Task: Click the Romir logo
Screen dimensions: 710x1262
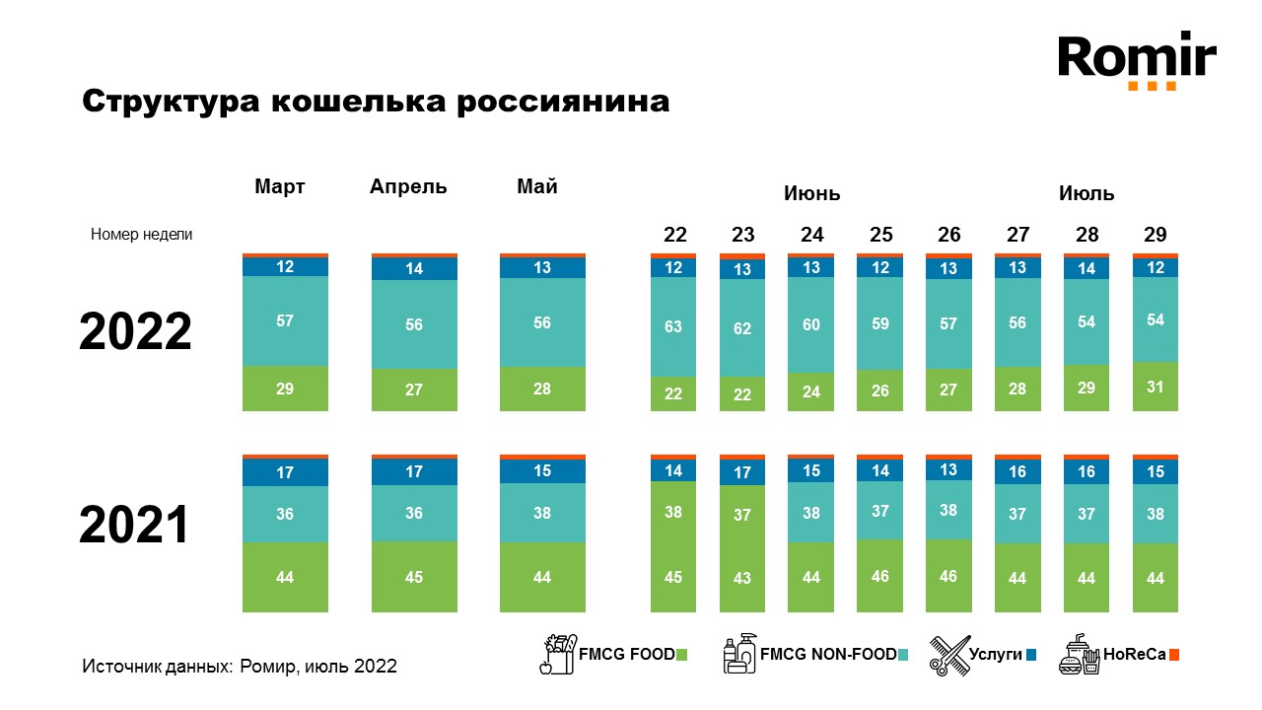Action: (x=1137, y=61)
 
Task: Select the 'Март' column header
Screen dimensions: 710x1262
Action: (x=280, y=186)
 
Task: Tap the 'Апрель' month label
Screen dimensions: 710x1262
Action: (x=408, y=186)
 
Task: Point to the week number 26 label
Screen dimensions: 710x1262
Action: (x=948, y=235)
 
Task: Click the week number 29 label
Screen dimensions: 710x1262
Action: (x=1155, y=235)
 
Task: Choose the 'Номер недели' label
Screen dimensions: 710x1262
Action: (x=142, y=235)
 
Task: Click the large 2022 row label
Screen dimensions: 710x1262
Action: (x=135, y=332)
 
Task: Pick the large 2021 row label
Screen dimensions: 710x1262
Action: (x=134, y=526)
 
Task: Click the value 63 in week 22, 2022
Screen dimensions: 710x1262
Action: (x=673, y=326)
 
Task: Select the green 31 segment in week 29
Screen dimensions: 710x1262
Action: (x=1155, y=387)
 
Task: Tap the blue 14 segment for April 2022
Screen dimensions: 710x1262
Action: (x=414, y=268)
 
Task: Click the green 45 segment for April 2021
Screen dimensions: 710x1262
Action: (x=414, y=577)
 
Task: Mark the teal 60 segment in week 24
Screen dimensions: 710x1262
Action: (x=811, y=324)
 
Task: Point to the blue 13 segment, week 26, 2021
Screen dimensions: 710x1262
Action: (x=948, y=469)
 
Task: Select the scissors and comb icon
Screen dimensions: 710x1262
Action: (x=949, y=655)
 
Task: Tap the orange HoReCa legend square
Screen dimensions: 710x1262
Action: (x=1174, y=654)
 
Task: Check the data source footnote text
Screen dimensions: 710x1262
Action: (x=240, y=667)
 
